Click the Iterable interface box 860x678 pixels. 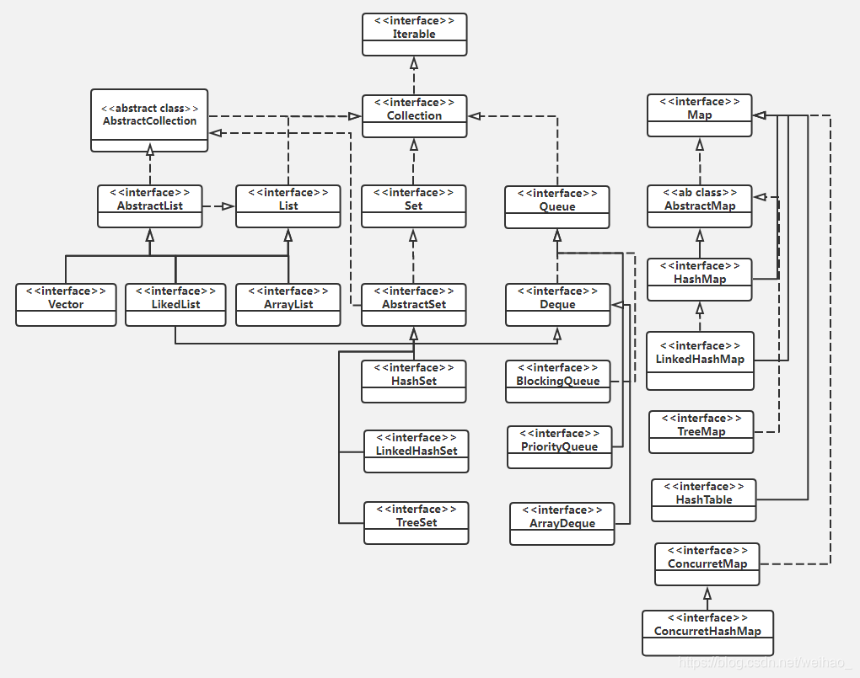[414, 35]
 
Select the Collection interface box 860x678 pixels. [414, 116]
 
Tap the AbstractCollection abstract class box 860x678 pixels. [149, 120]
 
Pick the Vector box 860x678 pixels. [66, 304]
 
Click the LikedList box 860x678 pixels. [175, 304]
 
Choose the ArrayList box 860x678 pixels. [288, 304]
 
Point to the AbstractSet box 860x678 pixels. [413, 304]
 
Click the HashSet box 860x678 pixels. [413, 381]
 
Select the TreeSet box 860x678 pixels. [416, 522]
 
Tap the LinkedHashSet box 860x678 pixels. [416, 451]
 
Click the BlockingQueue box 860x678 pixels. [557, 381]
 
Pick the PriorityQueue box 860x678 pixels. [559, 446]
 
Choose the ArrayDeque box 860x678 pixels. [562, 523]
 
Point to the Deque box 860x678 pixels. [557, 304]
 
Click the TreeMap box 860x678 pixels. [701, 431]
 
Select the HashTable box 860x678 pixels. [704, 499]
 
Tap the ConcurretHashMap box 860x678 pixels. [707, 631]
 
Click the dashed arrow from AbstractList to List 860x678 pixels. [218, 206]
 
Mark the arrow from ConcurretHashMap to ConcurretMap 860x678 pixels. [707, 598]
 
